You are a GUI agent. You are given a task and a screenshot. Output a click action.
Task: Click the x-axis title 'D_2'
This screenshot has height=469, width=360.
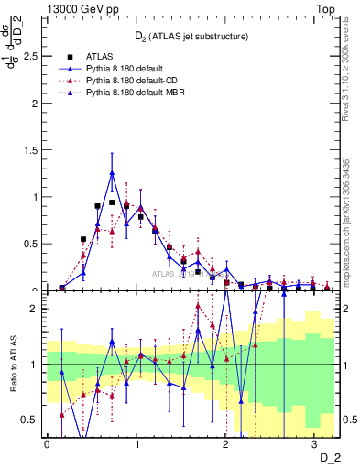[329, 455]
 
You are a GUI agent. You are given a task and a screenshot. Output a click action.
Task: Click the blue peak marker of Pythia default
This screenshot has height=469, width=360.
[112, 172]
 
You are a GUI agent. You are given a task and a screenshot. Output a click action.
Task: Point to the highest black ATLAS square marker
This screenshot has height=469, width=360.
[112, 202]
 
